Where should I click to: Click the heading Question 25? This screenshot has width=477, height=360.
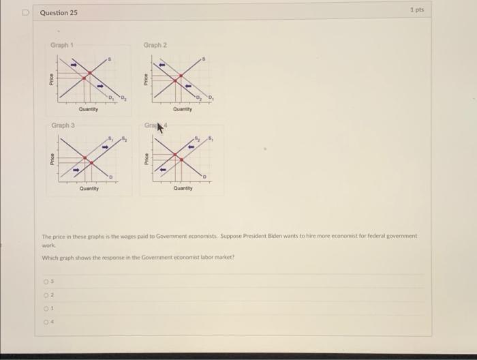pos(59,13)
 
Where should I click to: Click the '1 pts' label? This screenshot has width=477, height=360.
pos(417,10)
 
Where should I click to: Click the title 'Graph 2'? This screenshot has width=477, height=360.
pos(155,45)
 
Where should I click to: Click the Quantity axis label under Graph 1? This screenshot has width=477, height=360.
pos(88,108)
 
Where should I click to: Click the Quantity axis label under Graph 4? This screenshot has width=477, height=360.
pos(183,188)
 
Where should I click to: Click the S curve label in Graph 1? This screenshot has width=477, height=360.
pos(111,60)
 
